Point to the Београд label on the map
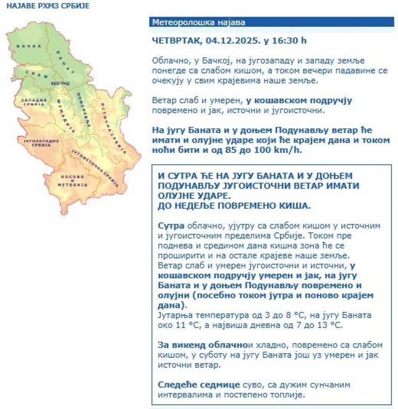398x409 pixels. (60, 83)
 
